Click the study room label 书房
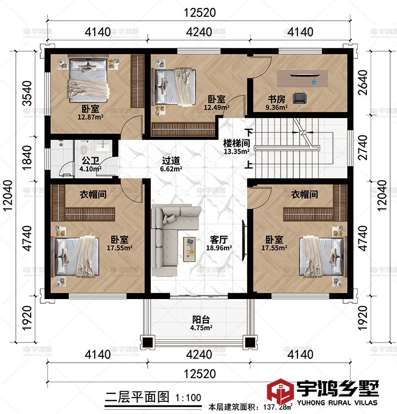click(276, 100)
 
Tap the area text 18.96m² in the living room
click(219, 248)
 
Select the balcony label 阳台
click(201, 319)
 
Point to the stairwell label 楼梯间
click(237, 143)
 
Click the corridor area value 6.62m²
click(171, 169)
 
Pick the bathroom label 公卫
click(91, 160)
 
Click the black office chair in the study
click(300, 98)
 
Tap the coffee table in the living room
click(190, 249)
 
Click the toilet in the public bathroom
click(84, 149)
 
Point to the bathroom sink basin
click(103, 146)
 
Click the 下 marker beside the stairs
click(249, 132)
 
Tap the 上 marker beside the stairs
click(249, 165)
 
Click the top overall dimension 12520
click(200, 13)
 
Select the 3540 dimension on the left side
click(28, 93)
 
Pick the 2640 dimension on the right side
click(363, 83)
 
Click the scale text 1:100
click(188, 398)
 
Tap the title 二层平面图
click(137, 397)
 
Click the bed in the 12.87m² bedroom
click(88, 78)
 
